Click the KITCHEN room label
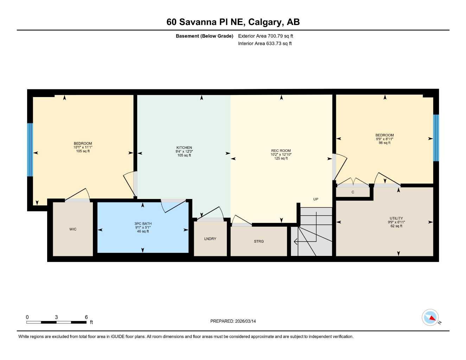[x=184, y=148]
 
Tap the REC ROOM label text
[x=281, y=151]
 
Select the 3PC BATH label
[x=143, y=224]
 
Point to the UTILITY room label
[x=396, y=218]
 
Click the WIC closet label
[x=73, y=229]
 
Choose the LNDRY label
[x=210, y=239]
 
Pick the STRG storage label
[x=258, y=241]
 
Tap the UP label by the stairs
[x=315, y=199]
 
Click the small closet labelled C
[x=353, y=192]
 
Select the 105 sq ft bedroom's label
[x=83, y=143]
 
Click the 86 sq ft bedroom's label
[x=384, y=135]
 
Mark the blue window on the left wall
[x=30, y=149]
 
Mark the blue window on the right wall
[x=436, y=137]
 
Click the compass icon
[x=430, y=317]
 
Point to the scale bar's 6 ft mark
[x=86, y=317]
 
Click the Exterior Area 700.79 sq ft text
[x=266, y=36]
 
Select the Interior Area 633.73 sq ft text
[x=265, y=44]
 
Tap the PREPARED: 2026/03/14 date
[x=233, y=321]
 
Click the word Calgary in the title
[x=265, y=22]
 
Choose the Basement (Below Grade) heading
[x=204, y=36]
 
